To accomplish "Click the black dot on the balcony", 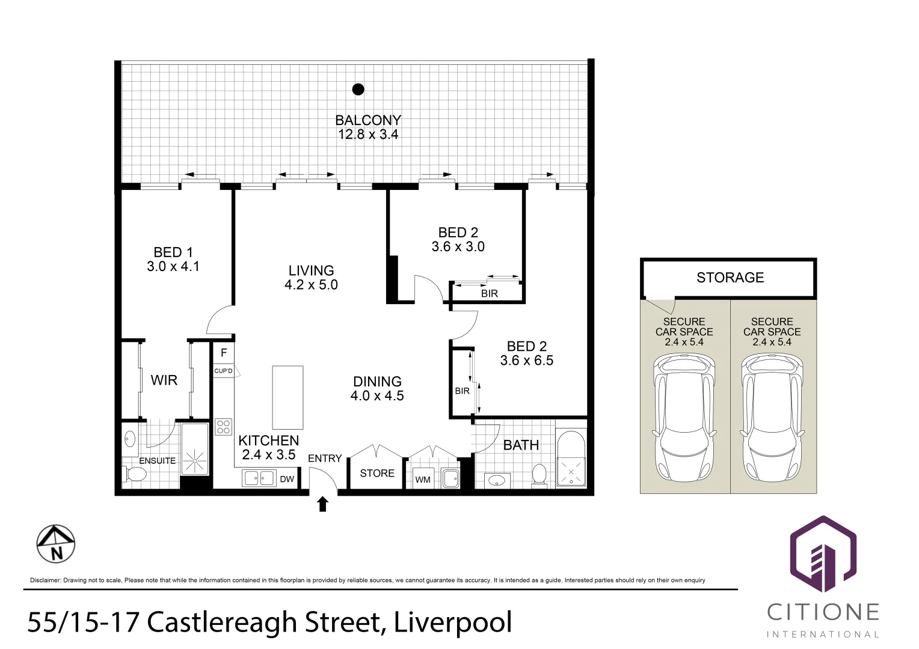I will (358, 90).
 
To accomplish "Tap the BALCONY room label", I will (367, 120).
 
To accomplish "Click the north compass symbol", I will (56, 544).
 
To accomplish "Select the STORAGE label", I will (730, 278).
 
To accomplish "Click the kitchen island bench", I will (287, 397).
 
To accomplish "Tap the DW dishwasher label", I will (287, 479).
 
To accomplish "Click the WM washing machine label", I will (423, 480).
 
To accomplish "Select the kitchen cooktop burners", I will (224, 427).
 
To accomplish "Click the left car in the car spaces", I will (684, 418).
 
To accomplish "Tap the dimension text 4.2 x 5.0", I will (311, 285).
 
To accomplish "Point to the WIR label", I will (164, 380).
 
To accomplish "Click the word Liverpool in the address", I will (453, 622).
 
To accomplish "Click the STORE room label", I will (377, 474).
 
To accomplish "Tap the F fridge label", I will (224, 353).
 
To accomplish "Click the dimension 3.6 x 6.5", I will (527, 361).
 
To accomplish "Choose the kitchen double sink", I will (259, 478).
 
